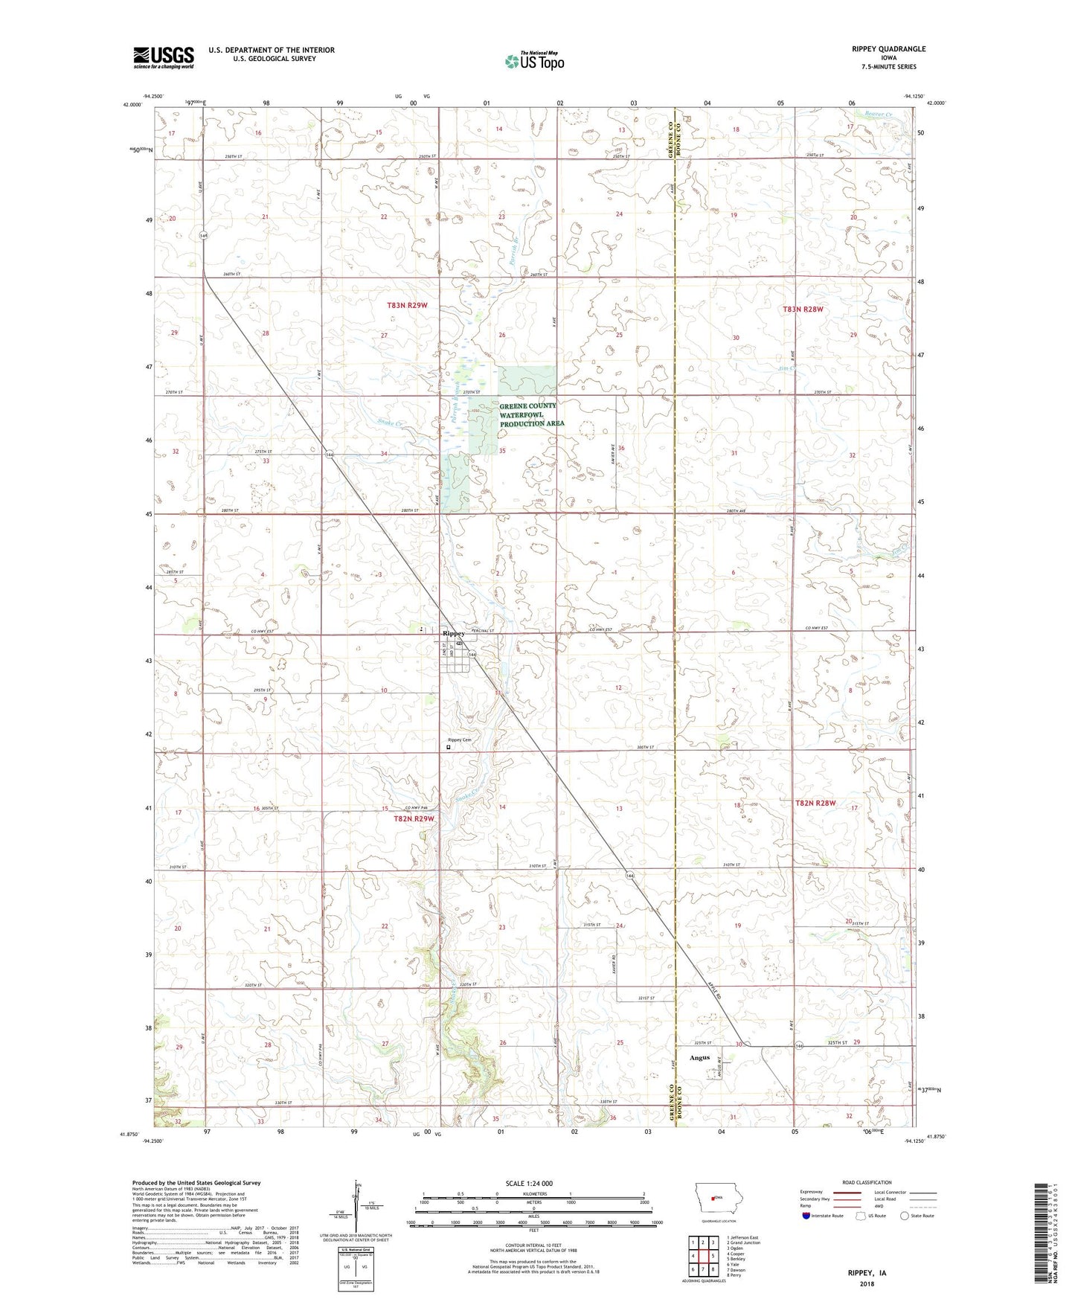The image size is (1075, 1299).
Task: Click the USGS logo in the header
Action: [x=164, y=57]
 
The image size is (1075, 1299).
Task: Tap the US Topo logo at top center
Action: [x=533, y=61]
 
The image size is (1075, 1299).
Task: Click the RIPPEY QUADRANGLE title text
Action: [x=884, y=49]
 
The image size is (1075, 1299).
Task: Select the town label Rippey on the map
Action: [x=453, y=633]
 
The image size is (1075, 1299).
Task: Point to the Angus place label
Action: [x=699, y=1057]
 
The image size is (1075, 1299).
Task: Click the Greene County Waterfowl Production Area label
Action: [x=532, y=414]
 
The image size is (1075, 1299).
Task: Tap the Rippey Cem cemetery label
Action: [x=459, y=740]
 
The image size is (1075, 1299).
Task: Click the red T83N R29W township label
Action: [x=408, y=305]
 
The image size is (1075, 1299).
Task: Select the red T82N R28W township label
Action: [x=815, y=803]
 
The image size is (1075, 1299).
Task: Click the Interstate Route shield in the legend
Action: [x=807, y=1215]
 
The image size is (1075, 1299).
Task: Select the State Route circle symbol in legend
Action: [x=904, y=1215]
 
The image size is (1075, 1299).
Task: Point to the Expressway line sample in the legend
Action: [x=851, y=1193]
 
